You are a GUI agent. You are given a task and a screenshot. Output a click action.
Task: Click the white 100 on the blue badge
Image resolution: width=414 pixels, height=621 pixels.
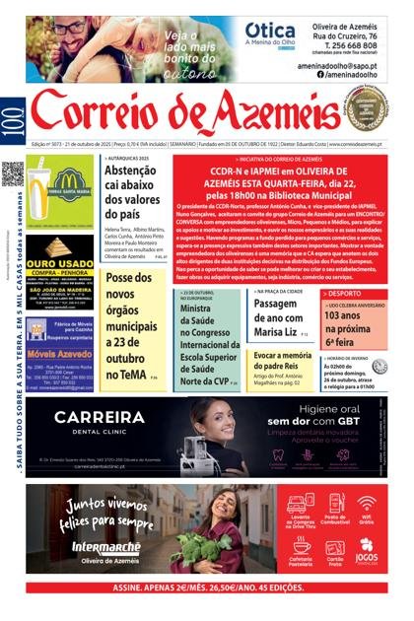tap(11, 117)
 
